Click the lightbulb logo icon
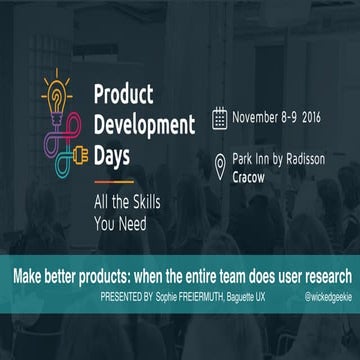pos(53,101)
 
